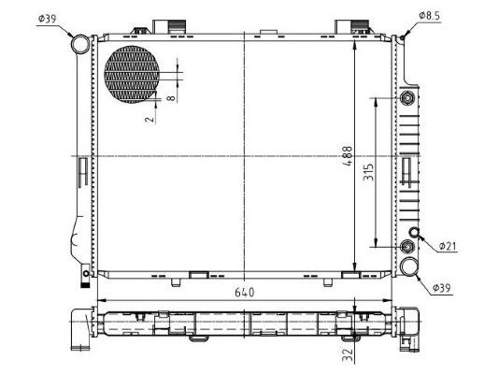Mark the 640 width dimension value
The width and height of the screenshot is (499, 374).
(245, 292)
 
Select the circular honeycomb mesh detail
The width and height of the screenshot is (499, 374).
(133, 74)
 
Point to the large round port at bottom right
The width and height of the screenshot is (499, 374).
(410, 267)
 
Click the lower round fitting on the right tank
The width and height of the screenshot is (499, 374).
(406, 247)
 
